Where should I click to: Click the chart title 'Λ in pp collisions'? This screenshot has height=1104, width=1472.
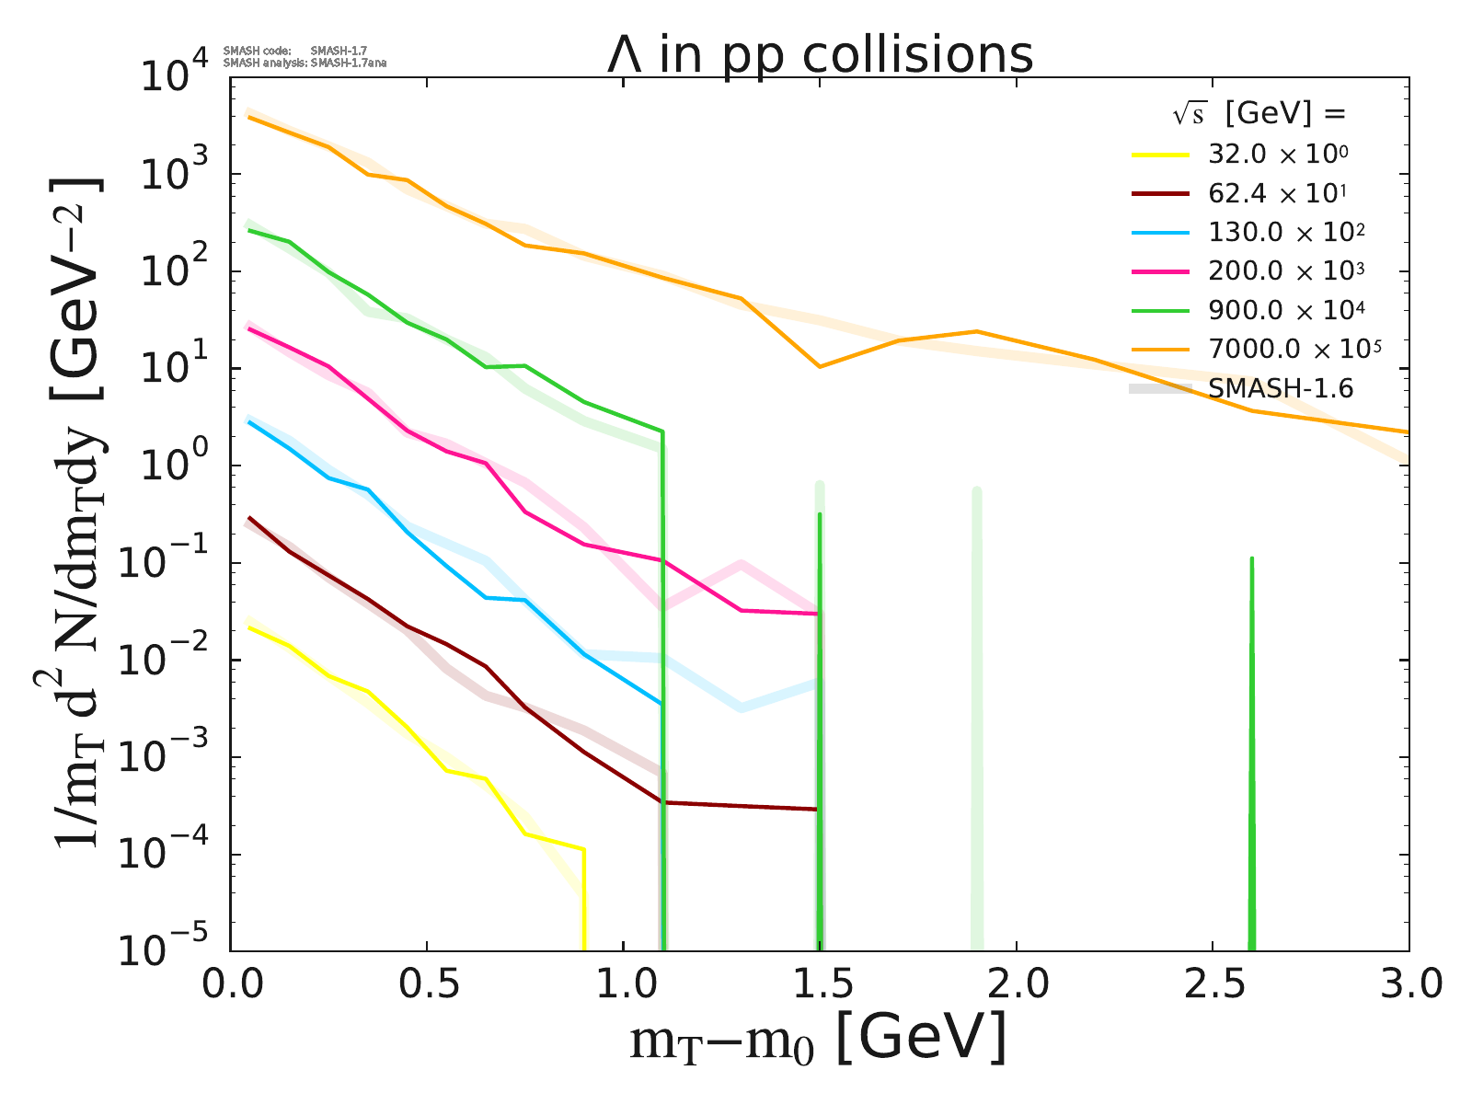click(820, 55)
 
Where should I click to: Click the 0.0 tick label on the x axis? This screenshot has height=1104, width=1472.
click(230, 984)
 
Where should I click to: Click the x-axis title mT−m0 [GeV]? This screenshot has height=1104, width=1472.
click(818, 1041)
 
